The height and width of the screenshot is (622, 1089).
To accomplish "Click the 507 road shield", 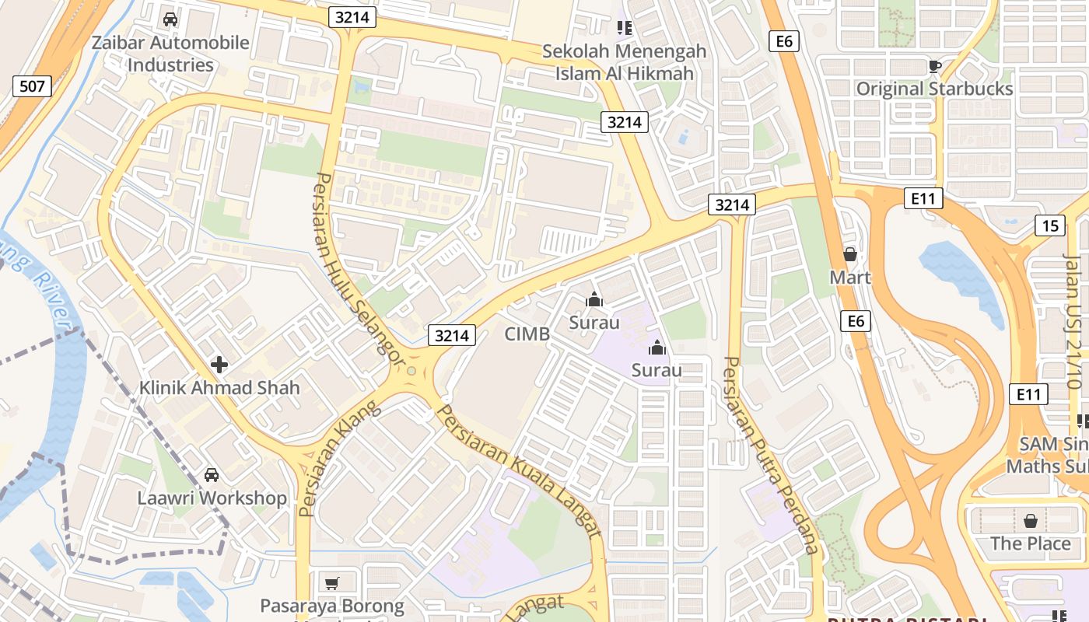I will pos(32,86).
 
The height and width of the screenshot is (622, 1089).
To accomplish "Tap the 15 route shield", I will pos(1050,225).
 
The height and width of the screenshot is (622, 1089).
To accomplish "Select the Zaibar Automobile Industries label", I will pos(170,54).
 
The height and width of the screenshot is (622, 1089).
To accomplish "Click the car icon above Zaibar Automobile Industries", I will pos(170,19).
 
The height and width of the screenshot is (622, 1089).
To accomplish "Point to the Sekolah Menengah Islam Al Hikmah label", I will pos(624,62).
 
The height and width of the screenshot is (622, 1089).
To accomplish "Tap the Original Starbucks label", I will pos(934,89).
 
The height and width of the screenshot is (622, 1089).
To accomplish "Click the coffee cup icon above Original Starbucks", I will pos(934,66).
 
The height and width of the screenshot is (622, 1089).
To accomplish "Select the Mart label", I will pos(850,278).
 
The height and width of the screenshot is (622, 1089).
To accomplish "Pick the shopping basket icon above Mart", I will pos(850,254).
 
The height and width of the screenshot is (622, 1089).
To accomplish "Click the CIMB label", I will pos(527,334).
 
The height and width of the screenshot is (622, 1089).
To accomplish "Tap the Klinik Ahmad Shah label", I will pos(219,387).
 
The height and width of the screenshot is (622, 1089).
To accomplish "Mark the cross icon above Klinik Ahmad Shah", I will pos(219,364).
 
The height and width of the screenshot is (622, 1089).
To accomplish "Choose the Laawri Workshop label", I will pos(212,498).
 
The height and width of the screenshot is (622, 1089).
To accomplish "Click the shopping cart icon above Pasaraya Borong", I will pos(332,583).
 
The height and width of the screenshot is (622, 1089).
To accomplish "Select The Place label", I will pos(1030,543).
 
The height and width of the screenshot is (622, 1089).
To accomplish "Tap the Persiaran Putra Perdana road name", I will pos(771,455).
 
